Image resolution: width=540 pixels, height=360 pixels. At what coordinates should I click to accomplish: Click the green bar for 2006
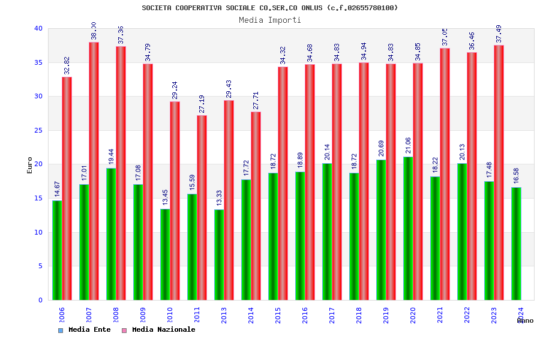click(57, 250)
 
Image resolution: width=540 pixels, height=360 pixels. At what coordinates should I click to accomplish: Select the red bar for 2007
click(94, 171)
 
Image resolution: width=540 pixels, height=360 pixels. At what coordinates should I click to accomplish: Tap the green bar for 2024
click(516, 244)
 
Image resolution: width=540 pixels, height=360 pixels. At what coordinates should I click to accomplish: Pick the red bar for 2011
click(202, 208)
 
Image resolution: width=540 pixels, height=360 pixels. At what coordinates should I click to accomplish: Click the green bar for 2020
click(408, 228)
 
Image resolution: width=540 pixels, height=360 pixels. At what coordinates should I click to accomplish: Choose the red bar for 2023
click(499, 173)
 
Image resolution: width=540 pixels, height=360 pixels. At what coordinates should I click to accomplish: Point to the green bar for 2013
click(219, 254)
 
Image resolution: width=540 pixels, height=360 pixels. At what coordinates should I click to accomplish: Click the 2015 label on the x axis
click(278, 315)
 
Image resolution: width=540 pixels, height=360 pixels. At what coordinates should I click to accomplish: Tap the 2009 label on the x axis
click(143, 315)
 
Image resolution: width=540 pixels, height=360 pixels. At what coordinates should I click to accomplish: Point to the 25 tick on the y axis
click(38, 130)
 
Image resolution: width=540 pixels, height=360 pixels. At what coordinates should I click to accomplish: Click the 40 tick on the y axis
click(38, 28)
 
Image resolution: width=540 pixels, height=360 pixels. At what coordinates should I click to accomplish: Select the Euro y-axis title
click(30, 165)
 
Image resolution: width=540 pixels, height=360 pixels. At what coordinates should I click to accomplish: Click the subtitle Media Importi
click(270, 20)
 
